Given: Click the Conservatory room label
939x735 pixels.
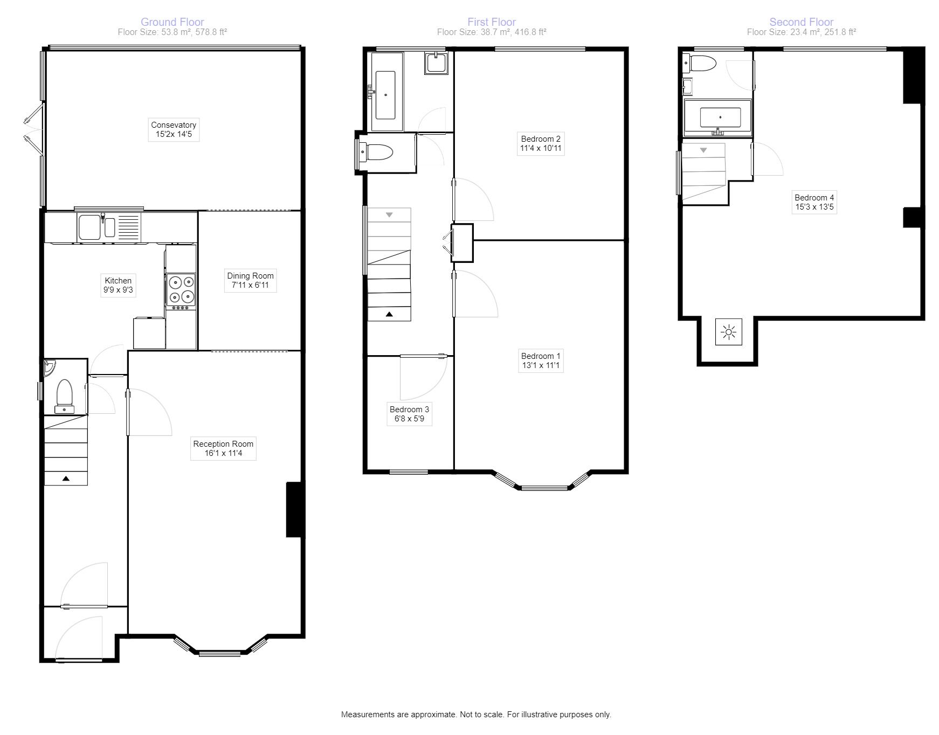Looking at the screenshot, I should click(174, 129).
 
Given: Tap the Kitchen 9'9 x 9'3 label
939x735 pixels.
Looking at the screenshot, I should click(118, 285).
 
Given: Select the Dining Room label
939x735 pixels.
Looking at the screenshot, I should click(250, 280).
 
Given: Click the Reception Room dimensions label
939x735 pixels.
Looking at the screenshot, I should click(223, 448).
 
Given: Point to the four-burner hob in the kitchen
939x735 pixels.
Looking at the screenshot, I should click(181, 289).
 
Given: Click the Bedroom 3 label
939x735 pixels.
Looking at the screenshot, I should click(409, 414).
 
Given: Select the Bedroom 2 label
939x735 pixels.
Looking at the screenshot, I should click(540, 143).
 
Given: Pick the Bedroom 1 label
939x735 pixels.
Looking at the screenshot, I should click(541, 360).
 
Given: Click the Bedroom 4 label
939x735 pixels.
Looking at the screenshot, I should click(814, 202).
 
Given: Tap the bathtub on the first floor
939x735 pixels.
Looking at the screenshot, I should click(385, 95).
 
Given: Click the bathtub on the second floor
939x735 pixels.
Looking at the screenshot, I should click(720, 117).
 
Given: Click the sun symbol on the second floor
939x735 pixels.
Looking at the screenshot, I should click(729, 332).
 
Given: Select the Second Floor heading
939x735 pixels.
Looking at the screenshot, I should click(801, 22).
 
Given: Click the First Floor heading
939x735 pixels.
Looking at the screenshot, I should click(491, 22).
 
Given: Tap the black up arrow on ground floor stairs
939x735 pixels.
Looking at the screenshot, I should click(66, 478).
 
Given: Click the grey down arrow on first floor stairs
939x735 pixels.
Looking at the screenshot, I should click(389, 215).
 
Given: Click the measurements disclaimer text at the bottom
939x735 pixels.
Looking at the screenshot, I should click(476, 715).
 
